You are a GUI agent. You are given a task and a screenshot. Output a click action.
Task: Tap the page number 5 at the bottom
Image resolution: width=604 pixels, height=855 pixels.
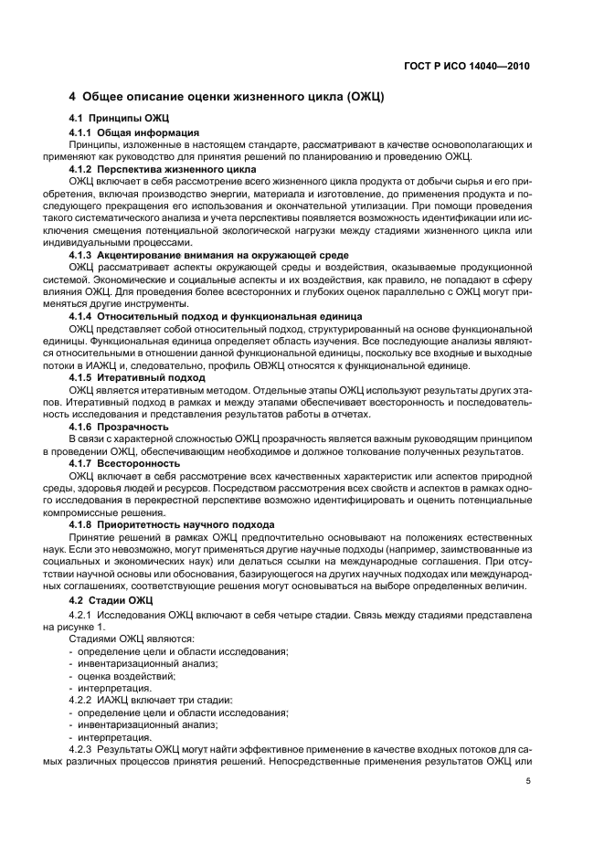click(x=527, y=781)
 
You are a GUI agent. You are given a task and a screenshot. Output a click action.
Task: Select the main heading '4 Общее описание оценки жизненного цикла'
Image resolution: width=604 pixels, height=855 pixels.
click(x=227, y=98)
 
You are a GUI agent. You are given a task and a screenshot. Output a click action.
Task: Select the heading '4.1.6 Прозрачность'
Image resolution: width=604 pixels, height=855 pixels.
click(x=120, y=426)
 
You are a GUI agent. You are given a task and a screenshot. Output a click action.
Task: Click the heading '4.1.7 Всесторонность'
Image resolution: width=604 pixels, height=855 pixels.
click(x=125, y=463)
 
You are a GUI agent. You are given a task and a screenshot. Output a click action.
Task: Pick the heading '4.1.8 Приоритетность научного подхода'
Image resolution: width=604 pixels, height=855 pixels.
click(x=172, y=524)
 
